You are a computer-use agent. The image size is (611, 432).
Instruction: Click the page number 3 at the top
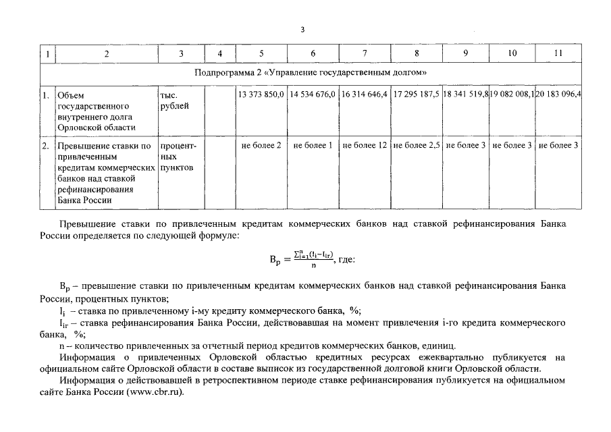point(302,30)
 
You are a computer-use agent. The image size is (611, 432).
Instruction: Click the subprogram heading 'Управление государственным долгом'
point(311,72)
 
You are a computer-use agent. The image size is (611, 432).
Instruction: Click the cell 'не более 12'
point(365,145)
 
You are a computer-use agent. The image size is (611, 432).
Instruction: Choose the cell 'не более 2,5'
point(416,145)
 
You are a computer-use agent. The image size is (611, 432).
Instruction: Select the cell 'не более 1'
point(313,145)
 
